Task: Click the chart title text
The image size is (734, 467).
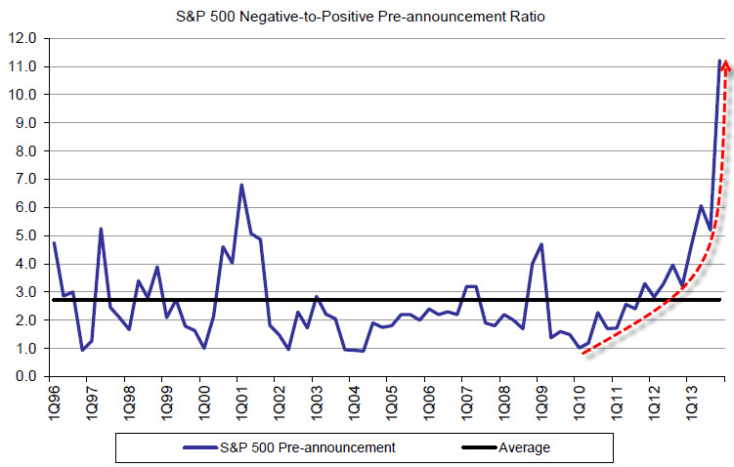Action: [367, 15]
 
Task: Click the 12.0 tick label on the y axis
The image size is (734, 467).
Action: [22, 39]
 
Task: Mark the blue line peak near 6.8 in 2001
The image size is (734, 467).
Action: [241, 185]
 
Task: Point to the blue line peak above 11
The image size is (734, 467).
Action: [719, 61]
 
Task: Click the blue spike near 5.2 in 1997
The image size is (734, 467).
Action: [101, 229]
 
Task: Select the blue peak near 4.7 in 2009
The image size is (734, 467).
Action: [540, 244]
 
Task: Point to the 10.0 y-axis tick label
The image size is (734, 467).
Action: [22, 95]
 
